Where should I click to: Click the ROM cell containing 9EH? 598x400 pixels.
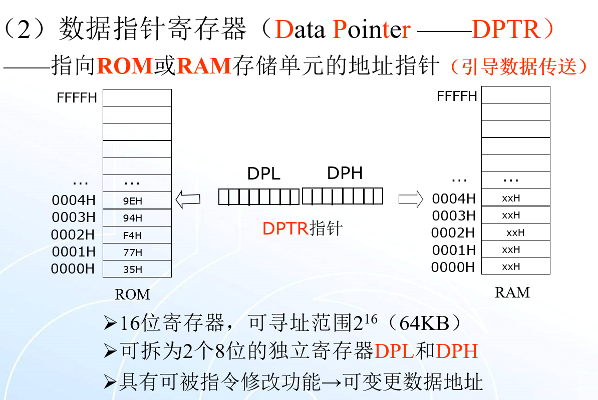(x=137, y=200)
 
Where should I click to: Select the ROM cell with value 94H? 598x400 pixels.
(x=137, y=217)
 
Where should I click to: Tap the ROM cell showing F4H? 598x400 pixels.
(x=137, y=234)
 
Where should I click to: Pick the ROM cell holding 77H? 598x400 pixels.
(x=137, y=252)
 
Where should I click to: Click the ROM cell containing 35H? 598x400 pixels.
(x=137, y=269)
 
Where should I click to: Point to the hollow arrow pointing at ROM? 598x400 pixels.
(x=188, y=200)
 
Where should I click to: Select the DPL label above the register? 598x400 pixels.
(x=263, y=173)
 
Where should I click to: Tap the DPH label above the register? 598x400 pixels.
(x=345, y=173)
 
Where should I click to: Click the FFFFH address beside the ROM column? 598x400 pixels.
(x=77, y=97)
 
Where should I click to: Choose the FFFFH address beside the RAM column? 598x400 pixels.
(x=457, y=96)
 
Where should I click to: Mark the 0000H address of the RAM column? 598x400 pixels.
(x=453, y=267)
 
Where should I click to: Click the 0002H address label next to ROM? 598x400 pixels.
(x=73, y=234)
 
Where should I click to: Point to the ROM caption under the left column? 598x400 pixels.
(x=132, y=294)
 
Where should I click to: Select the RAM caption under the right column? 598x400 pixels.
(x=512, y=292)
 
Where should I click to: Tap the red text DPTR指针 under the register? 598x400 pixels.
(x=302, y=228)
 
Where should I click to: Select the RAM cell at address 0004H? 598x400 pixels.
(x=515, y=198)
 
